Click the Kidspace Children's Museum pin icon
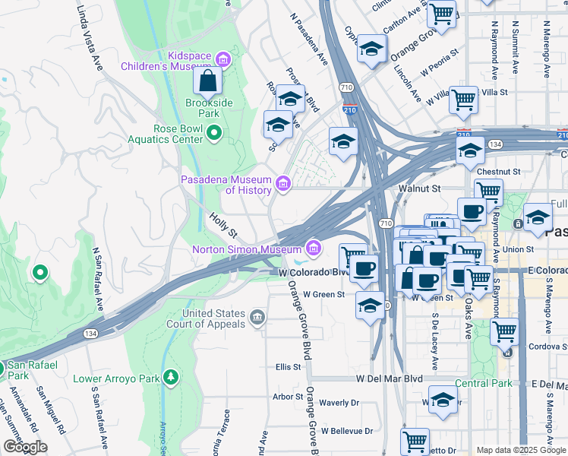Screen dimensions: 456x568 click(222, 59)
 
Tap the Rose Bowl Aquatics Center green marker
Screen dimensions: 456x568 click(214, 134)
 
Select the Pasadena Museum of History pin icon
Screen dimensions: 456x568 click(283, 182)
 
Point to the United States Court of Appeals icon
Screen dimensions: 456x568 click(257, 315)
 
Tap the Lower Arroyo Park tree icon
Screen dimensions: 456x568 click(172, 377)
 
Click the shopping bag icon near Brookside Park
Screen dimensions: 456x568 click(207, 81)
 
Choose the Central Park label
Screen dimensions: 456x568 click(483, 383)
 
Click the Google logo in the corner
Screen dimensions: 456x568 click(24, 447)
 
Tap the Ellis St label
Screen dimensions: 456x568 click(289, 367)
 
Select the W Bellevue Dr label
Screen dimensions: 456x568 click(347, 431)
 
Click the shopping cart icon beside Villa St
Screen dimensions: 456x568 click(463, 100)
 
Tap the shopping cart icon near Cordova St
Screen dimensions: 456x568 click(504, 332)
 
